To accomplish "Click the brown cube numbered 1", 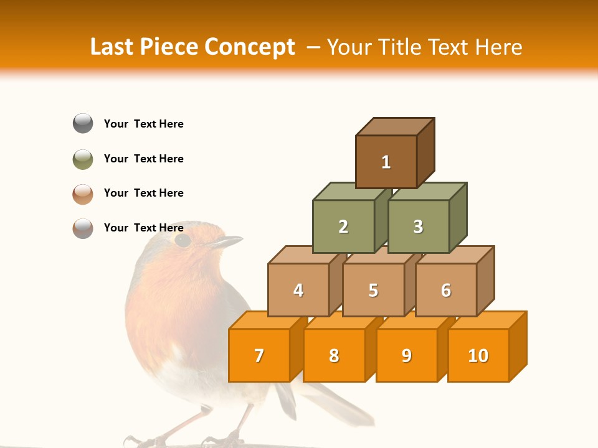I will pos(386,162).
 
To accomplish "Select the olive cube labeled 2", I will pos(343,226).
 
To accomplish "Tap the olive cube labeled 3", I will pos(418,226).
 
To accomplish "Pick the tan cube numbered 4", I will pos(298,290).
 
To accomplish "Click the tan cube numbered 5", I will pos(373,290).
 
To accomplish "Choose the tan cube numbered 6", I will pos(446,290).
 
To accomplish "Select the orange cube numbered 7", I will pos(259,355).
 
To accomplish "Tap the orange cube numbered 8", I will pos(334,355).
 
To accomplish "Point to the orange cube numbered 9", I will pos(407,355).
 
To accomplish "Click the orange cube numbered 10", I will pos(478,355).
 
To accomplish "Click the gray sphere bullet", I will pos(83,123).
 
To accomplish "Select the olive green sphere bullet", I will pos(83,159).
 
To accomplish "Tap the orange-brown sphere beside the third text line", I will pos(83,194).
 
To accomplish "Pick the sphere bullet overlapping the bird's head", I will pos(83,228).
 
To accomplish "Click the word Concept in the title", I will pos(250,47).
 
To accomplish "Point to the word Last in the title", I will pos(114,47).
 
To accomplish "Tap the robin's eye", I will pos(183,240).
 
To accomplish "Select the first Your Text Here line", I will pos(144,124).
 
